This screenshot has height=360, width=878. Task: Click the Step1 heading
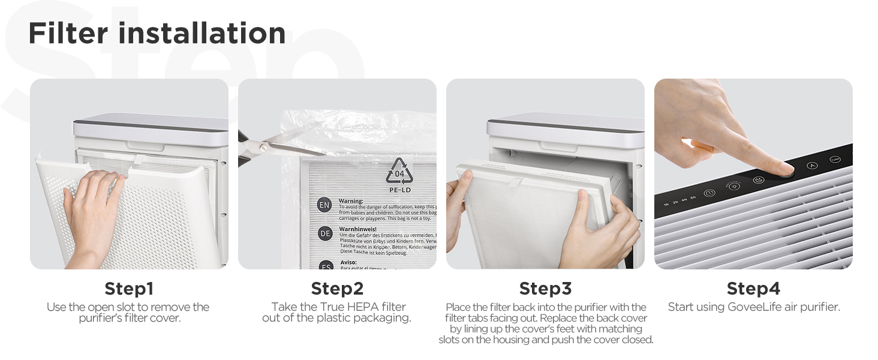click(129, 289)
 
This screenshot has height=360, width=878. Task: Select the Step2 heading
click(337, 289)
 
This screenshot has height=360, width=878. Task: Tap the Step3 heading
click(545, 289)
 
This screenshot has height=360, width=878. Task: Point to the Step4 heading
click(753, 289)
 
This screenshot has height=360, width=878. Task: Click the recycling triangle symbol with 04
click(399, 172)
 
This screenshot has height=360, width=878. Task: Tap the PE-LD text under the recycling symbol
click(399, 190)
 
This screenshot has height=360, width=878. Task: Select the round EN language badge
click(324, 205)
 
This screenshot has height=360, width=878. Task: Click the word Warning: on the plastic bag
click(351, 201)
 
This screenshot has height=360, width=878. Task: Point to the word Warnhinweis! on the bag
click(357, 229)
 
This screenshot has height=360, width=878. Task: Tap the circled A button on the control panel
click(812, 166)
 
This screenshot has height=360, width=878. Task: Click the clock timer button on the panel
click(709, 193)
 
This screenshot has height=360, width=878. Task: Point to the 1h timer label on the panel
click(666, 205)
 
